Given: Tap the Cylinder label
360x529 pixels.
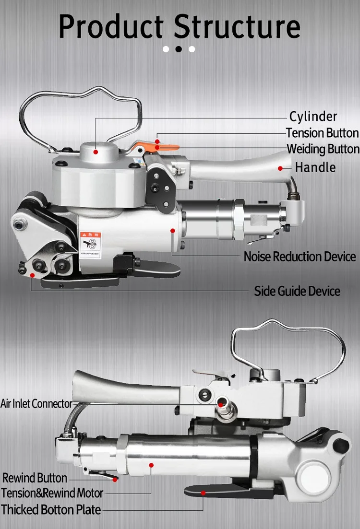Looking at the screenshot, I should (x=313, y=117).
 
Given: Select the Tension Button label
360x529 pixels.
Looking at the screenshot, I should (x=322, y=133).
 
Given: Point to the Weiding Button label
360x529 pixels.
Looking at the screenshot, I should (x=323, y=149).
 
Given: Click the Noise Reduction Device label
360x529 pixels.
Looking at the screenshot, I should (x=300, y=257).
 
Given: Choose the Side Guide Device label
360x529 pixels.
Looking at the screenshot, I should (x=297, y=291).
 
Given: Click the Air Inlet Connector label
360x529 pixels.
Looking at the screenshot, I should (x=36, y=403).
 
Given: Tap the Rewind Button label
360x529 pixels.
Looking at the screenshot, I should (x=35, y=478).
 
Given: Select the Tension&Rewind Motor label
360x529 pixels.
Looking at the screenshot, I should (x=52, y=493).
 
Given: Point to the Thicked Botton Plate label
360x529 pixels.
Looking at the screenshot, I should (x=51, y=509).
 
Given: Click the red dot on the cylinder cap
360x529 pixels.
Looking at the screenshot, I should (x=96, y=152).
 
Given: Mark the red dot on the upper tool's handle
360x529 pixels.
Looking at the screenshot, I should (x=280, y=168).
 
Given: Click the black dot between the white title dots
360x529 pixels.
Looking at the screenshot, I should (x=179, y=49).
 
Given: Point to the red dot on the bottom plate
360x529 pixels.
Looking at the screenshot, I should (x=204, y=493).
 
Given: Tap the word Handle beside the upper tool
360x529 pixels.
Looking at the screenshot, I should (x=315, y=167).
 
